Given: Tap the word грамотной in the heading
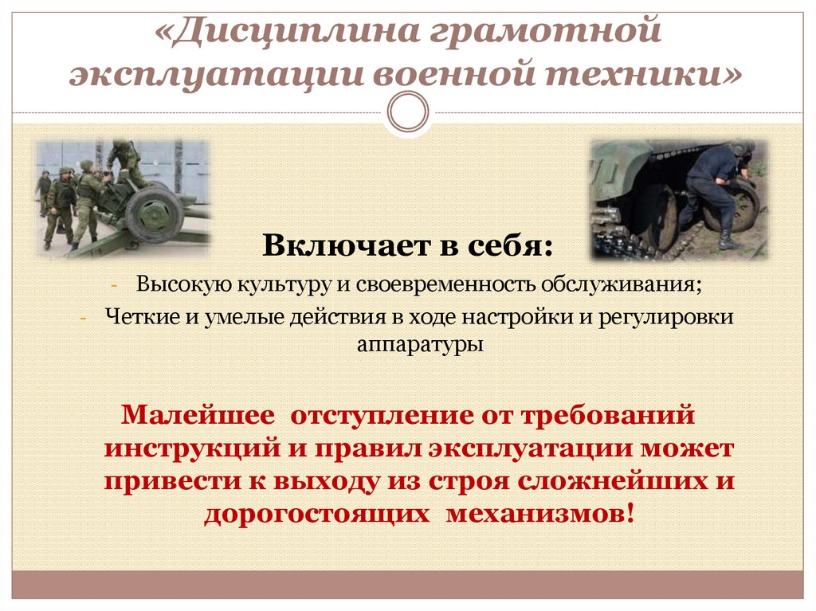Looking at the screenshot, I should [x=547, y=33].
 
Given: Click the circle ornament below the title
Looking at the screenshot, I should [x=407, y=112].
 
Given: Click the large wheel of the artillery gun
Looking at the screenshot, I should [x=155, y=212].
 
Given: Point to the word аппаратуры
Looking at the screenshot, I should [x=407, y=345].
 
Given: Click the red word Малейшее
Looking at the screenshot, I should [x=197, y=415].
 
